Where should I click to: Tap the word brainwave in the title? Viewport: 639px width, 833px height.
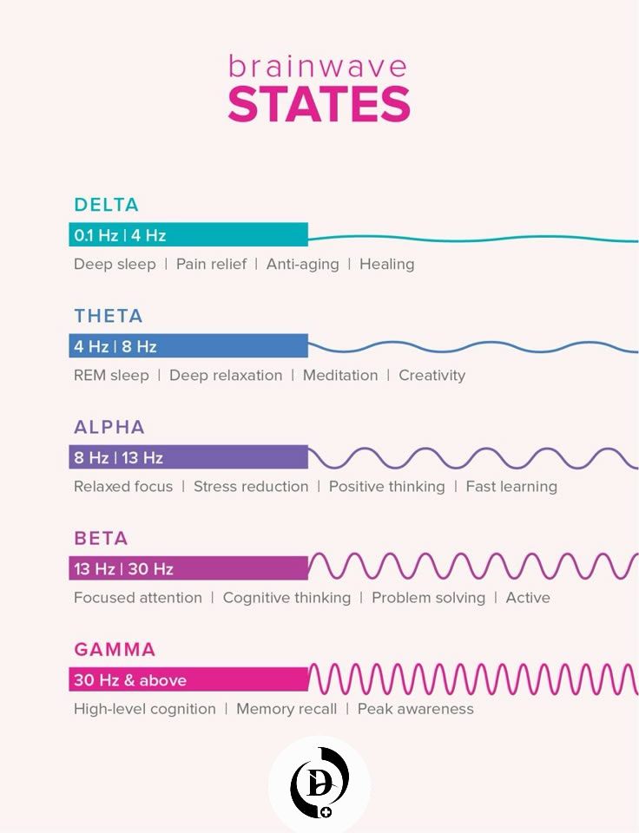click(x=318, y=67)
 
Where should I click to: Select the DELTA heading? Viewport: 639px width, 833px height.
click(x=106, y=205)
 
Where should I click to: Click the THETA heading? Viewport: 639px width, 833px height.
click(x=109, y=316)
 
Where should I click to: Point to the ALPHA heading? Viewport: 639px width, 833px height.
click(x=109, y=427)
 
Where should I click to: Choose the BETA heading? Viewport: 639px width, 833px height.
click(x=101, y=538)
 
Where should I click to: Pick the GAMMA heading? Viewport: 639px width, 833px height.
click(x=115, y=649)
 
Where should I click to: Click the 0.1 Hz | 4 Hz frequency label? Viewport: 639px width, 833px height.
click(x=120, y=235)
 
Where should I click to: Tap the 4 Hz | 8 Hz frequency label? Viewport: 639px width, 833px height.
click(x=115, y=346)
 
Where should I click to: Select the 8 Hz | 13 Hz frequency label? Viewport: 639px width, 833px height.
click(x=119, y=457)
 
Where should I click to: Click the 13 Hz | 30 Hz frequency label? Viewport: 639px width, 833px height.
click(x=124, y=569)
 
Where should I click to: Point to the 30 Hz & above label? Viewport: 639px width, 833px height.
click(x=130, y=680)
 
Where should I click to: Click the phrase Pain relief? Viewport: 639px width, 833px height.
click(x=211, y=264)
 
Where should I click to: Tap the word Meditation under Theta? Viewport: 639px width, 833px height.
click(x=340, y=375)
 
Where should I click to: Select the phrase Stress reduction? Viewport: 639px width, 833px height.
click(x=251, y=486)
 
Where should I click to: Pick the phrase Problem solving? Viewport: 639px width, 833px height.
click(x=429, y=598)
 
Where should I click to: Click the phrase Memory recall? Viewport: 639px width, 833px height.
click(x=287, y=709)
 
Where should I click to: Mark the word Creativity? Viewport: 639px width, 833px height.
click(x=432, y=376)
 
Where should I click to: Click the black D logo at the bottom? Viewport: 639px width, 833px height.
click(x=319, y=782)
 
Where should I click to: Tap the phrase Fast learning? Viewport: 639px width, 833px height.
click(x=511, y=487)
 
